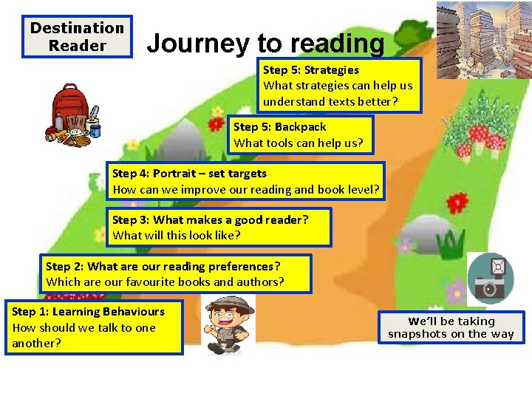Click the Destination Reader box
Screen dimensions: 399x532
(x=77, y=36)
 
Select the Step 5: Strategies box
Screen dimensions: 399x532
(x=338, y=85)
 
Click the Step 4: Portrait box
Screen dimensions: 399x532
(x=246, y=182)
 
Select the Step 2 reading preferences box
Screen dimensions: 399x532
(x=175, y=273)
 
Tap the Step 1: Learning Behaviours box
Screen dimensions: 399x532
(x=93, y=327)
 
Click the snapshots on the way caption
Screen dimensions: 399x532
(x=451, y=327)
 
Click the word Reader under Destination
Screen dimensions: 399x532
(x=77, y=45)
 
